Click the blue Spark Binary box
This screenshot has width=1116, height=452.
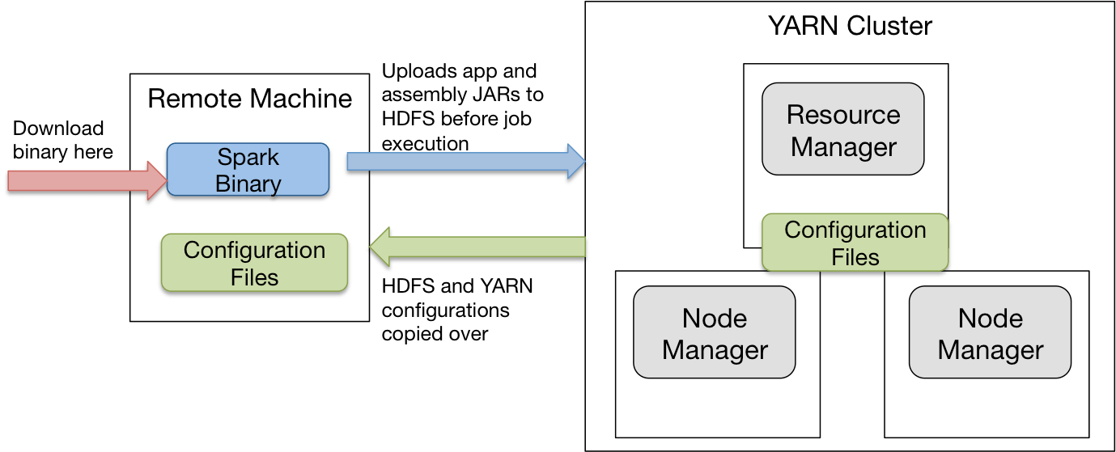(x=248, y=170)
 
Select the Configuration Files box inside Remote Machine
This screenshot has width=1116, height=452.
(x=254, y=263)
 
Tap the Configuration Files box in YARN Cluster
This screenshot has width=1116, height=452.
(x=855, y=243)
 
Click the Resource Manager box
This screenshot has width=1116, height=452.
(x=842, y=129)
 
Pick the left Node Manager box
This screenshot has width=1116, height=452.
(x=714, y=332)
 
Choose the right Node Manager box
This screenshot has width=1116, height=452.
(x=990, y=332)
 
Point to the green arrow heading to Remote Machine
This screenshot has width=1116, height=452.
(x=477, y=249)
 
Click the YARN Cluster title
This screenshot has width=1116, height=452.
(x=850, y=26)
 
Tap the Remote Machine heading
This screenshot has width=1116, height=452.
(x=249, y=99)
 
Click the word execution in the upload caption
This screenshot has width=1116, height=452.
(x=425, y=144)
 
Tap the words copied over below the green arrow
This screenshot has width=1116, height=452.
(x=435, y=333)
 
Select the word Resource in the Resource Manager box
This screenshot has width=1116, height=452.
(x=842, y=115)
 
